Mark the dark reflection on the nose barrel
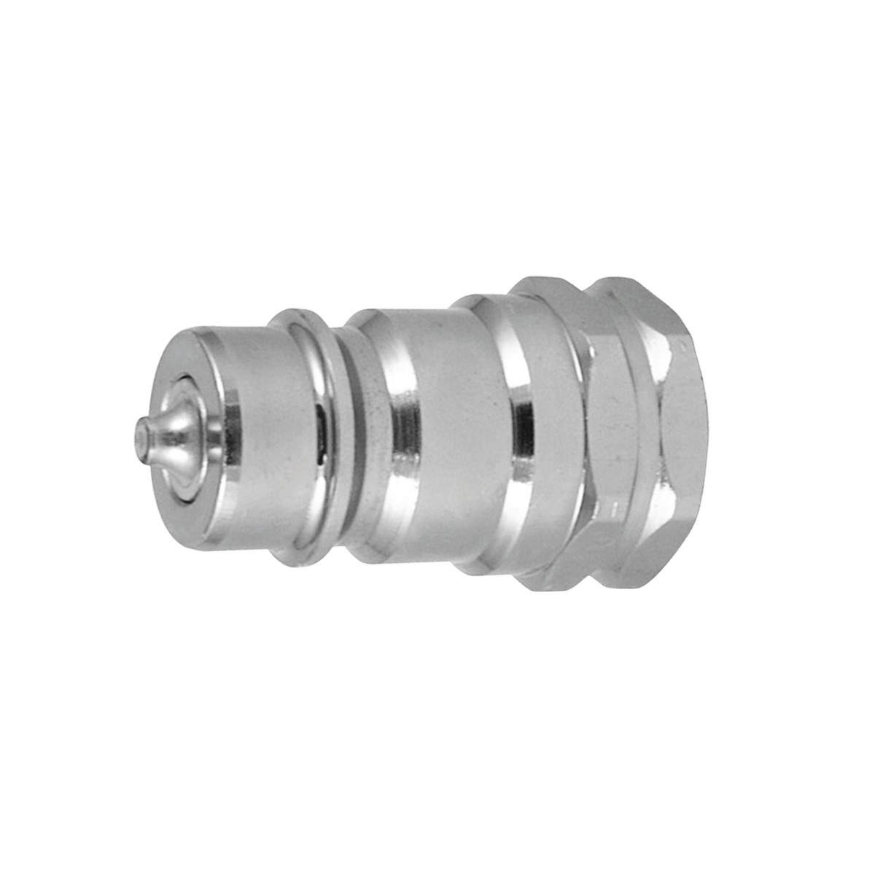tap(322, 437)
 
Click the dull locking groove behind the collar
tap(357, 437)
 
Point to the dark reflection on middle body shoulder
tap(401, 437)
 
